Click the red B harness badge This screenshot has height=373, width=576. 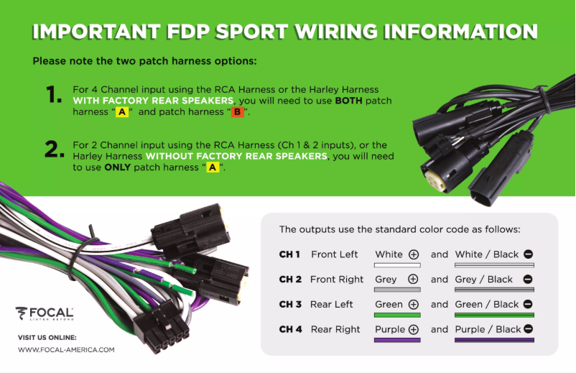[x=236, y=113]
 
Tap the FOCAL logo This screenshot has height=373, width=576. [x=45, y=313]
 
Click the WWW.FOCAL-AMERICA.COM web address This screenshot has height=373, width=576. [x=66, y=350]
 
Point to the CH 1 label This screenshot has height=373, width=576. [x=289, y=254]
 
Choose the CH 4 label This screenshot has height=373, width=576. [x=289, y=329]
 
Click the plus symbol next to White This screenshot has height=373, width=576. [x=414, y=254]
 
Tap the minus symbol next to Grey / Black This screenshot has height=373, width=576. [x=528, y=280]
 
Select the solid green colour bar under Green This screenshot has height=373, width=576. [x=397, y=315]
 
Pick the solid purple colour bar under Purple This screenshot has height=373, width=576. [x=397, y=340]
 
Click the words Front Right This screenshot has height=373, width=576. [x=337, y=280]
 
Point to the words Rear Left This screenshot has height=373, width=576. [x=332, y=305]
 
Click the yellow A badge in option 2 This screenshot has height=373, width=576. [x=212, y=167]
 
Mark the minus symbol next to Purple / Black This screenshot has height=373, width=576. [x=528, y=329]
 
